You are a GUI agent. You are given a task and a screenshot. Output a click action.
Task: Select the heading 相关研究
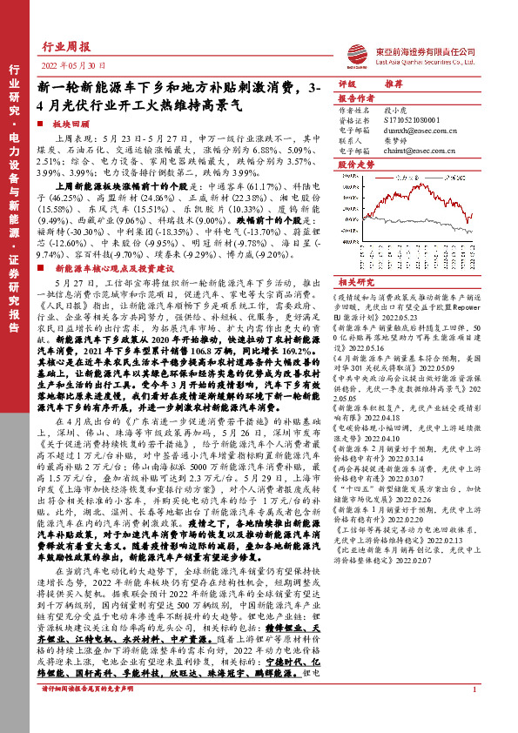355,283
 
